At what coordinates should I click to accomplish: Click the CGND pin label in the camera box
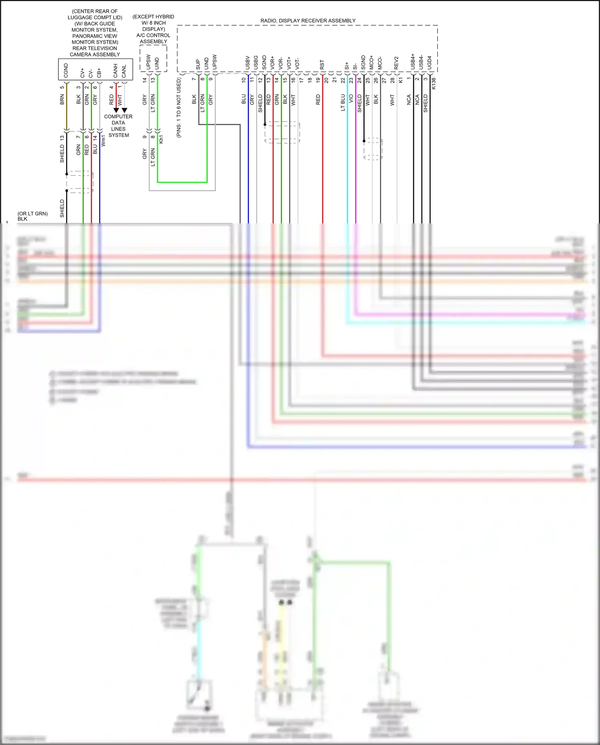tap(66, 70)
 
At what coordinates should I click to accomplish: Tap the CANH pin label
tap(116, 71)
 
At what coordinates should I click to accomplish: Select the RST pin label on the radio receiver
tap(322, 65)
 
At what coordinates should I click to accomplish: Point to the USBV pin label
tap(248, 63)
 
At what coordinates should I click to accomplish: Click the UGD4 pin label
tap(430, 62)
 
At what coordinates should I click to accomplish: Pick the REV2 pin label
tap(396, 63)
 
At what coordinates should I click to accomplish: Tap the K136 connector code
tap(434, 83)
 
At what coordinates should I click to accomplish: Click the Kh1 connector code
tap(161, 139)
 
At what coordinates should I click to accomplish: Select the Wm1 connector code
tap(103, 141)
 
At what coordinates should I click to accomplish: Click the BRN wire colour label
tap(62, 100)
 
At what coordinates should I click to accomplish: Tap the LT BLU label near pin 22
tap(343, 102)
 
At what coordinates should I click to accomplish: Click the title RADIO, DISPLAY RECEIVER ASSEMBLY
tap(308, 21)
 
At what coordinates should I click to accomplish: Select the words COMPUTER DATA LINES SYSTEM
tap(118, 126)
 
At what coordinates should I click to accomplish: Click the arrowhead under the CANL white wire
tap(124, 110)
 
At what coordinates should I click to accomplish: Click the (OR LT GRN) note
tap(32, 214)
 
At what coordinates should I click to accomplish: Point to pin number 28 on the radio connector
tap(392, 80)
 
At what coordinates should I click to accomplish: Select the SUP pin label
tap(198, 65)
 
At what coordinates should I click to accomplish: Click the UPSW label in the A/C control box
tap(148, 62)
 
